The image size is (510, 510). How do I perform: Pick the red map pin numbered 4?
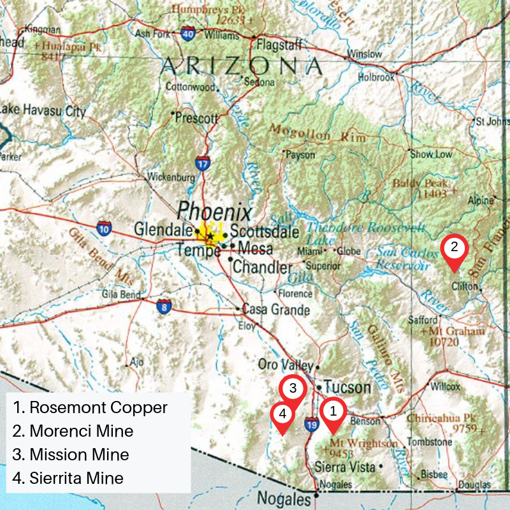[283, 414]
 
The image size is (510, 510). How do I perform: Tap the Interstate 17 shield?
[203, 163]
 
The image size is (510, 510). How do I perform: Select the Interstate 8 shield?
[164, 307]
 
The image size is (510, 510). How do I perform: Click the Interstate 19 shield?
[312, 423]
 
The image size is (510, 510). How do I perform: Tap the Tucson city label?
[347, 387]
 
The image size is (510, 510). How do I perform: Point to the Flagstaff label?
[275, 45]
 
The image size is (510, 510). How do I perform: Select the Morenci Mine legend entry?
[73, 431]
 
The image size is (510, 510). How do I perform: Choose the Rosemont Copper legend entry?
[90, 407]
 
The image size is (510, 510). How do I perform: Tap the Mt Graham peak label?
[456, 331]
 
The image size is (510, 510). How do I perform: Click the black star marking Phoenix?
[210, 237]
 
